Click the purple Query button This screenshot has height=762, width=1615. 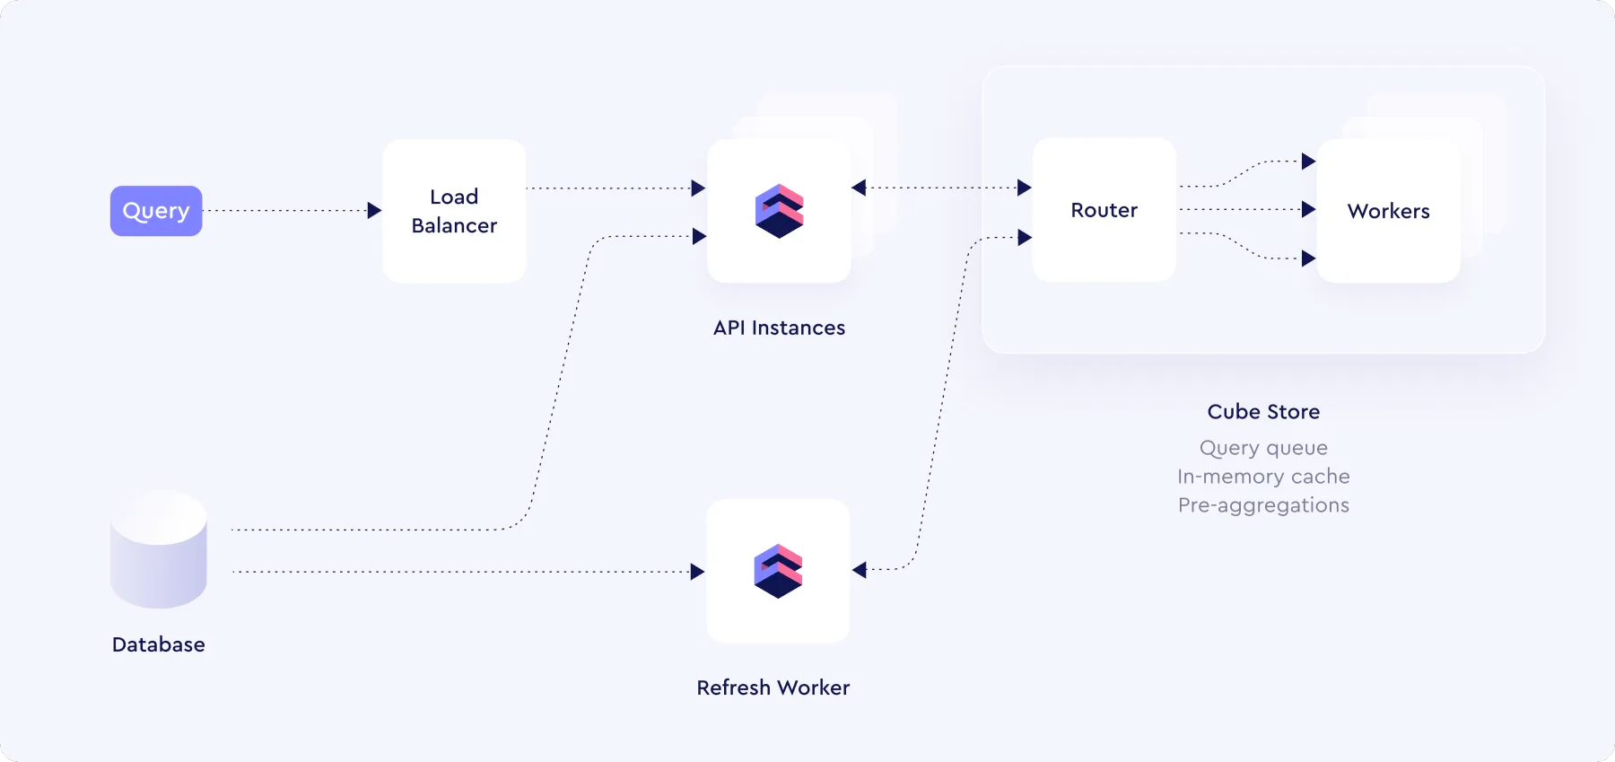coord(156,211)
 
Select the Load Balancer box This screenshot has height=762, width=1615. coord(454,211)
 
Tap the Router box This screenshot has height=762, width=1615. coord(1104,210)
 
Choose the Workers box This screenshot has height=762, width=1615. coord(1388,211)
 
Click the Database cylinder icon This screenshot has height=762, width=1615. coord(159,549)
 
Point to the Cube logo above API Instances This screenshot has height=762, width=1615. coord(779,211)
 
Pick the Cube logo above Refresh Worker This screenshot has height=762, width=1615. coord(778,571)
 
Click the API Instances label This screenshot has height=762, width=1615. coord(779,328)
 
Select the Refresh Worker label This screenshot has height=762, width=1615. coord(773,688)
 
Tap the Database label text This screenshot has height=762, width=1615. coord(159,644)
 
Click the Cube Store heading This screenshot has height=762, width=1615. coord(1263,412)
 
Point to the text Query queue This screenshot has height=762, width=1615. coord(1263,448)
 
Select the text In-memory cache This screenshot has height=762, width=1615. coord(1263,477)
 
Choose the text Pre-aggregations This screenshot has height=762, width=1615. coord(1263,505)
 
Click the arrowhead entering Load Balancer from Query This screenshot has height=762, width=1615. coord(375,211)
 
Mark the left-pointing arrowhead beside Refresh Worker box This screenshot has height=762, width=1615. coord(860,570)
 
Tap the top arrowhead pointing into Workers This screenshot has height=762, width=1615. coord(1309,162)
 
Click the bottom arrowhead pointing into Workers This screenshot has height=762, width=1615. coord(1309,258)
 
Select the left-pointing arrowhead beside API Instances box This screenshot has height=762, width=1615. coord(859,188)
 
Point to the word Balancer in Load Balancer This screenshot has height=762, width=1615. coord(454,225)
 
